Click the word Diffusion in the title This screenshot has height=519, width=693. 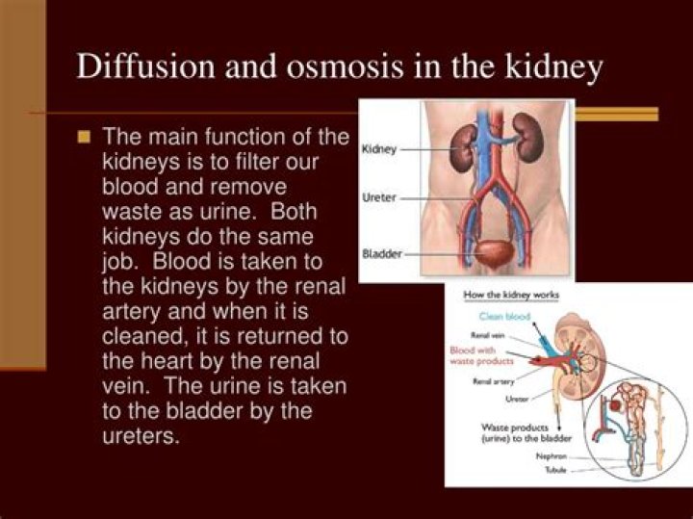point(135,67)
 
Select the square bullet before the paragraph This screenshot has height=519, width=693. point(84,136)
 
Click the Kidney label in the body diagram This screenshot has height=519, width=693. point(379,150)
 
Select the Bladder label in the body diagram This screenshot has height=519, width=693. point(381,254)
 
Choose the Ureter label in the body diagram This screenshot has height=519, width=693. point(380,197)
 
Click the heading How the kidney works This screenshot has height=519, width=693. point(511,295)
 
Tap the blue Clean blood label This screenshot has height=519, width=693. point(504,316)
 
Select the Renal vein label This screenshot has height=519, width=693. point(489,334)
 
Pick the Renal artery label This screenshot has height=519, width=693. point(493,381)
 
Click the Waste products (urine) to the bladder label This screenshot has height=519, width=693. point(527,432)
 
